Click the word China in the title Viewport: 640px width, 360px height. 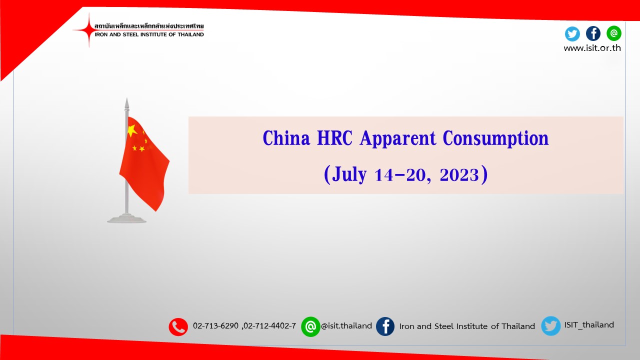[x=286, y=138]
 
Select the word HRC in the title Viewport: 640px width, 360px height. [x=334, y=138]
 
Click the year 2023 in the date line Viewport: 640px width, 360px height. [x=459, y=175]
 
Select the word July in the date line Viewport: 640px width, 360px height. [x=349, y=175]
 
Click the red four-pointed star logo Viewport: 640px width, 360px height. [x=89, y=29]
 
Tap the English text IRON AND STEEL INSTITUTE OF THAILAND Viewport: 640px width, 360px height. [x=149, y=34]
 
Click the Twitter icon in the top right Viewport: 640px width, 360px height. [x=572, y=34]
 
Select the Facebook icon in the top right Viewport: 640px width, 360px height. [x=593, y=33]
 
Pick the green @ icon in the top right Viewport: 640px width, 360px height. [x=614, y=33]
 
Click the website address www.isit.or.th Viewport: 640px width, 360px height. [x=592, y=48]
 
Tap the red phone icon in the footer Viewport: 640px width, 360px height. [x=178, y=327]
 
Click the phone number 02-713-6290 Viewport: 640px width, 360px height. [x=215, y=325]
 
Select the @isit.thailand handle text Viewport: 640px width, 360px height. [x=346, y=326]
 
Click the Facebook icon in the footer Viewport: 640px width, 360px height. [x=385, y=326]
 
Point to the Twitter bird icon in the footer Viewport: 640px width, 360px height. [x=551, y=325]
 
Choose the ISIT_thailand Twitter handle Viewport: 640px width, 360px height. [x=589, y=325]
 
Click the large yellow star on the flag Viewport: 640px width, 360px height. [x=132, y=130]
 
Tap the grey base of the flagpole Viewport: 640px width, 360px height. [x=126, y=219]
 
